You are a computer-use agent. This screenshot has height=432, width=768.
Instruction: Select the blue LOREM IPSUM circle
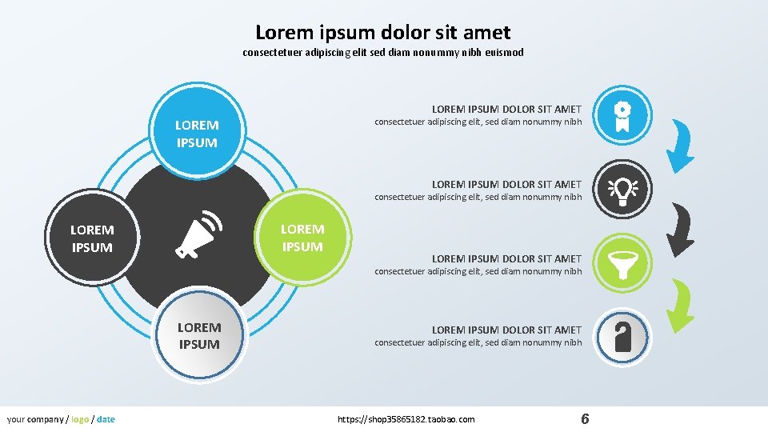[x=197, y=134]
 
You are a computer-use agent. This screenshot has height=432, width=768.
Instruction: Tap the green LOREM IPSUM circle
[x=302, y=238]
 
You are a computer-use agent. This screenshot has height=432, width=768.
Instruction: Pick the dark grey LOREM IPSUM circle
[x=92, y=238]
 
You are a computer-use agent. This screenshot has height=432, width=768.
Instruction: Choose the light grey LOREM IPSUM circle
[x=198, y=335]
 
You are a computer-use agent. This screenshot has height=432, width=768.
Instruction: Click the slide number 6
[x=585, y=419]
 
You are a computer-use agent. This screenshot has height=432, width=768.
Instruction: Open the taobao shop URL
[x=406, y=419]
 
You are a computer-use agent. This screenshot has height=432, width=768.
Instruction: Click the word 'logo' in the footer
[x=80, y=419]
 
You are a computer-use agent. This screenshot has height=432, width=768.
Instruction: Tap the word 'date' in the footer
[x=106, y=419]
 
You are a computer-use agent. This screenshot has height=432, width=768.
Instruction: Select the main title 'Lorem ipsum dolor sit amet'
[x=382, y=33]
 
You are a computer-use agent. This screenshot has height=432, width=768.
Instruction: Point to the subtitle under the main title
[x=382, y=53]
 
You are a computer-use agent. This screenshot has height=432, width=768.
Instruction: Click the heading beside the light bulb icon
[x=506, y=184]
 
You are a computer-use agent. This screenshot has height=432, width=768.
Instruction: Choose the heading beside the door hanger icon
[x=506, y=330]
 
